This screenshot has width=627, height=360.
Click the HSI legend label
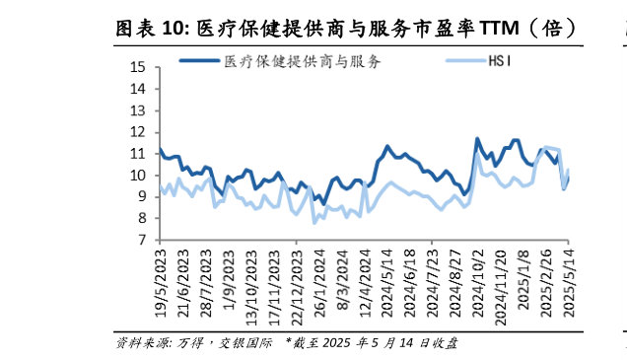click(x=501, y=62)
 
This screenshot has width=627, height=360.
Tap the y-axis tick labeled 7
click(x=141, y=240)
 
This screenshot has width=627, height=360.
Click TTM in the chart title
click(x=502, y=27)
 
